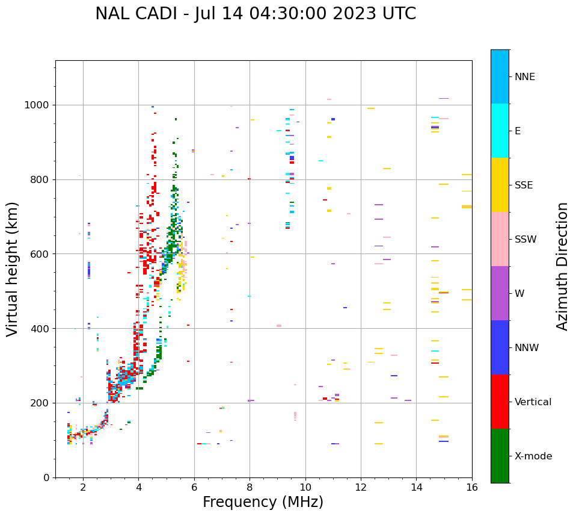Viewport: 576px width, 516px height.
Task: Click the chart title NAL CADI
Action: coord(256,14)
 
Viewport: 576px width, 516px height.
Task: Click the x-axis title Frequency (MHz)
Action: coord(263,502)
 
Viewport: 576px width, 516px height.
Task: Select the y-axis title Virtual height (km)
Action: coord(13,269)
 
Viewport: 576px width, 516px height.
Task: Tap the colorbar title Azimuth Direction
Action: coord(562,266)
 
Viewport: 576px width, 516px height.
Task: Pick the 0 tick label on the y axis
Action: coord(46,477)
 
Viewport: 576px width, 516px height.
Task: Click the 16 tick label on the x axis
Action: coord(472,487)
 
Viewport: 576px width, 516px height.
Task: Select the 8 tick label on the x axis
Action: coord(250,487)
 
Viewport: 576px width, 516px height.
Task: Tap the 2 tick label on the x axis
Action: coord(83,487)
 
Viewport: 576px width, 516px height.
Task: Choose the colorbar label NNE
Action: coord(524,77)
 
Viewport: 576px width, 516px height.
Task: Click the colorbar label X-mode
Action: coord(533,456)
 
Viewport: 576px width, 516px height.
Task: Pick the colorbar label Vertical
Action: coord(533,402)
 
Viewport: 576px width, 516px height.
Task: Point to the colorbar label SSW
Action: coord(525,240)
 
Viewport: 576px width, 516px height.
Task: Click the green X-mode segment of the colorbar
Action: coord(500,456)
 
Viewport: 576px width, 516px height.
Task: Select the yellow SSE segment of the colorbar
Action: coord(500,185)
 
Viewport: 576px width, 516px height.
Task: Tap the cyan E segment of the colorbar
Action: coord(500,131)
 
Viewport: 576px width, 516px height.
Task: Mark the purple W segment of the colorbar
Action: coord(500,293)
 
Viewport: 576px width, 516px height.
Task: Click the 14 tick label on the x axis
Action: coord(416,487)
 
